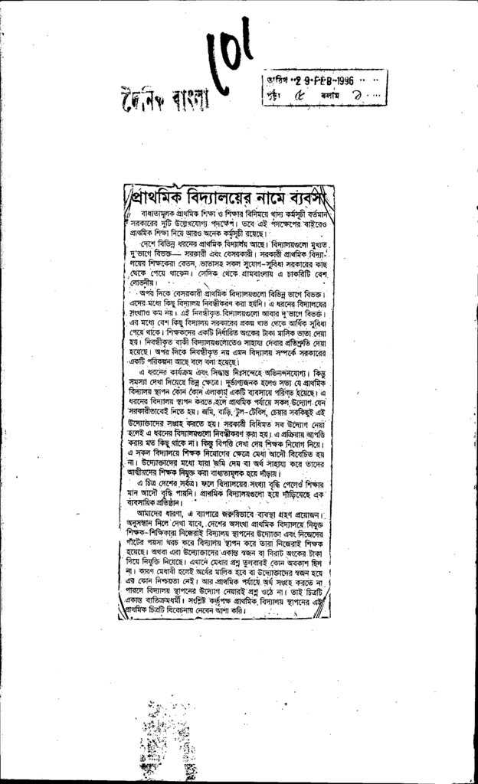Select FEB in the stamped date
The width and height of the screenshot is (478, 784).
(315, 81)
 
